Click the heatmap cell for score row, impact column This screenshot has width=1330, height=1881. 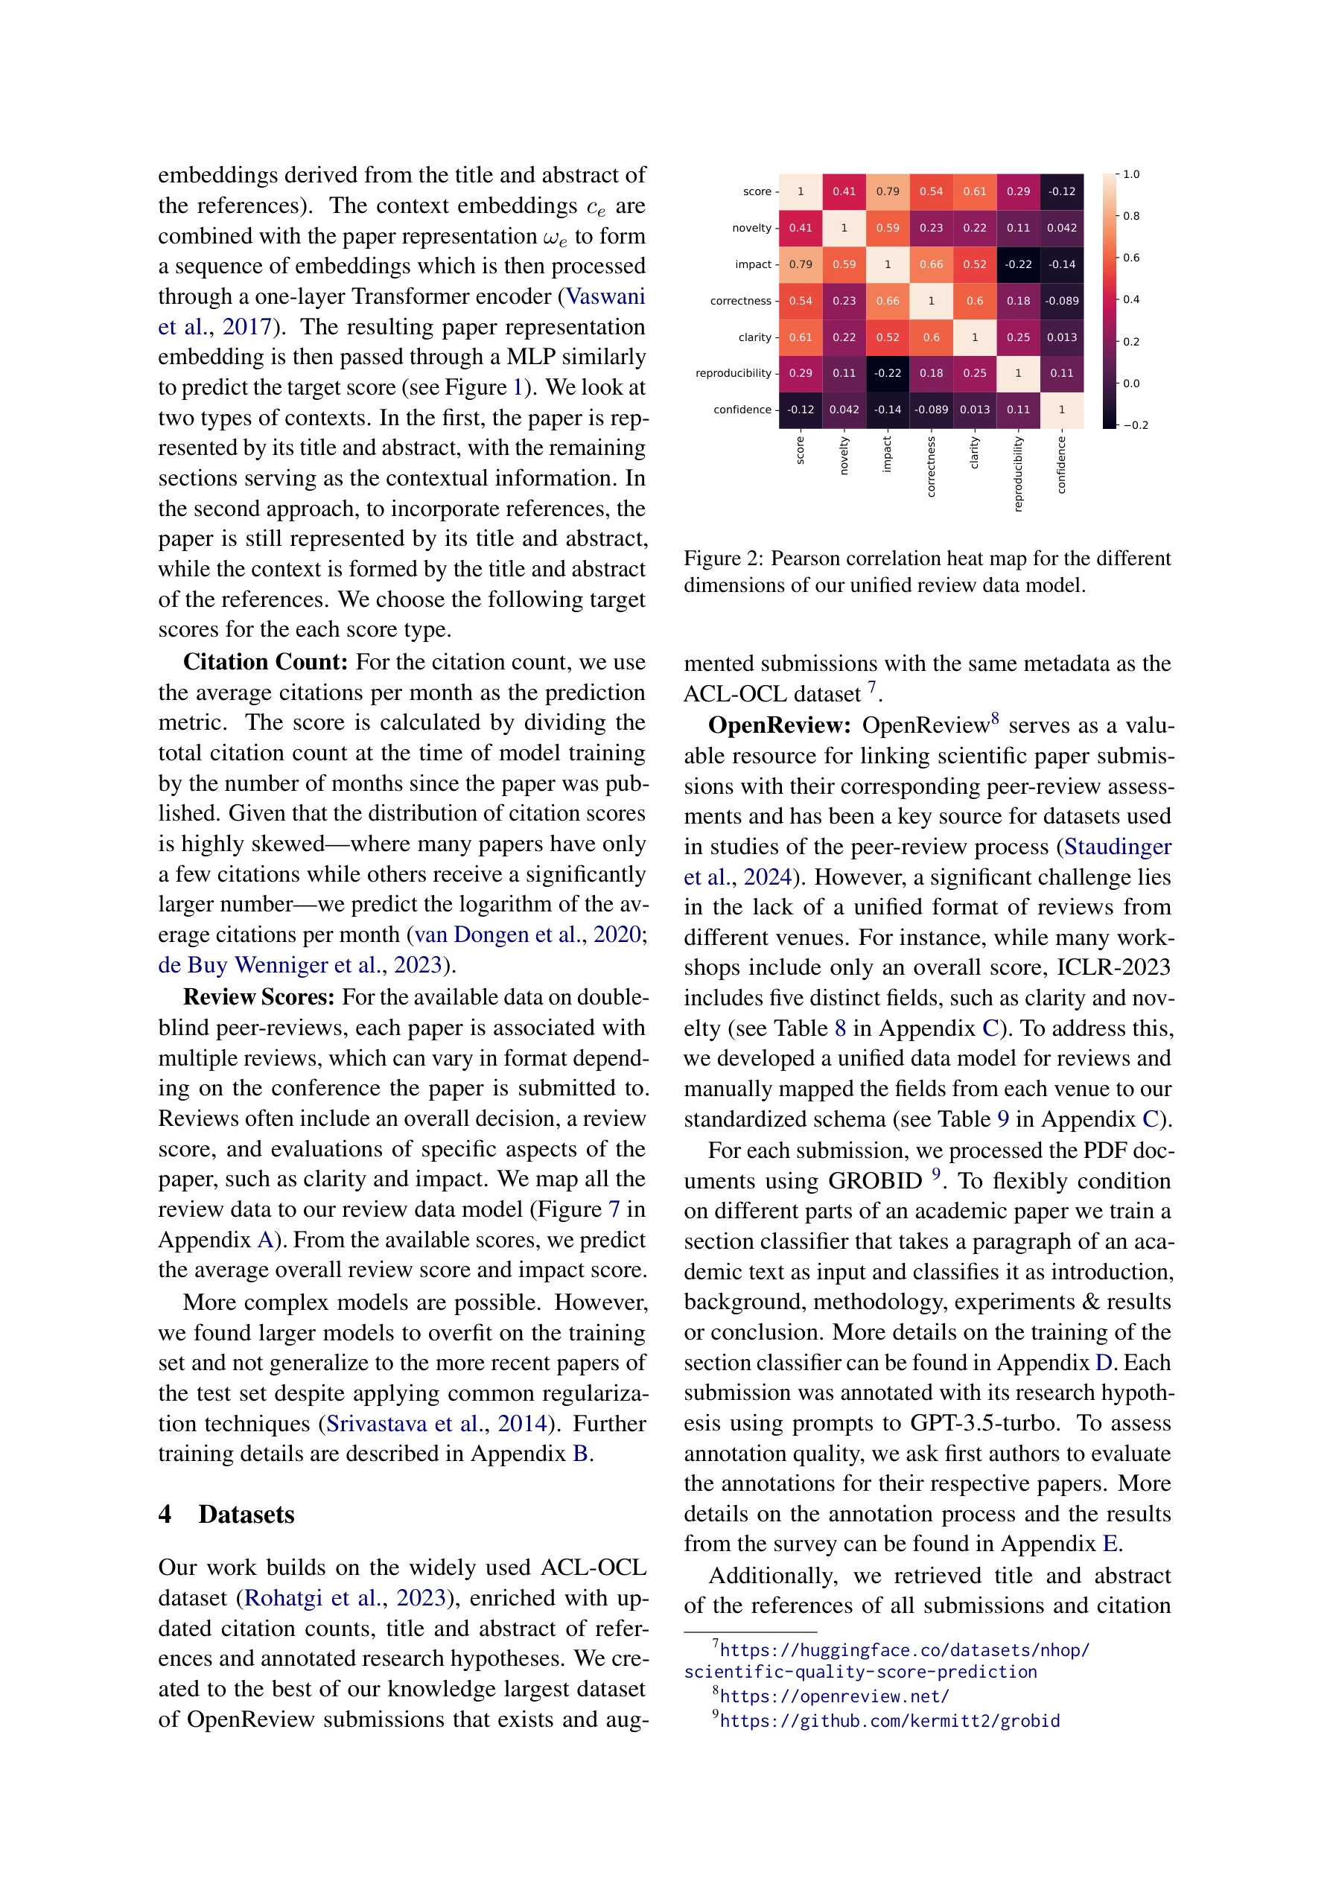(887, 191)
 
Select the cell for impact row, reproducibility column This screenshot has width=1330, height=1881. (1018, 264)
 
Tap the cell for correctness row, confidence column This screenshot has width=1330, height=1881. (1061, 301)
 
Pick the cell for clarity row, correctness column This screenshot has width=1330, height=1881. (931, 337)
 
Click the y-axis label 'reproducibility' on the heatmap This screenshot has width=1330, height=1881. (733, 374)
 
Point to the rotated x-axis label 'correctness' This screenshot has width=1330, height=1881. (931, 466)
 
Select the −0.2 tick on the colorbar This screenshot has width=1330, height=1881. (1134, 425)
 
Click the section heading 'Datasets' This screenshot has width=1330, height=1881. (246, 1514)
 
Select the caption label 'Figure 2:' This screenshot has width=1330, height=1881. (724, 558)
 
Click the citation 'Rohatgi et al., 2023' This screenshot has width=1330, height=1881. (344, 1597)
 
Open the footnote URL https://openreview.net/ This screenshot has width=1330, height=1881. (833, 1696)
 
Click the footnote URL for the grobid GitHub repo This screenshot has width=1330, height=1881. (889, 1720)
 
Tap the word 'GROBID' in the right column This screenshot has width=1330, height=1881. (874, 1180)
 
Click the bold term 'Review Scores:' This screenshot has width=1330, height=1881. (258, 997)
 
